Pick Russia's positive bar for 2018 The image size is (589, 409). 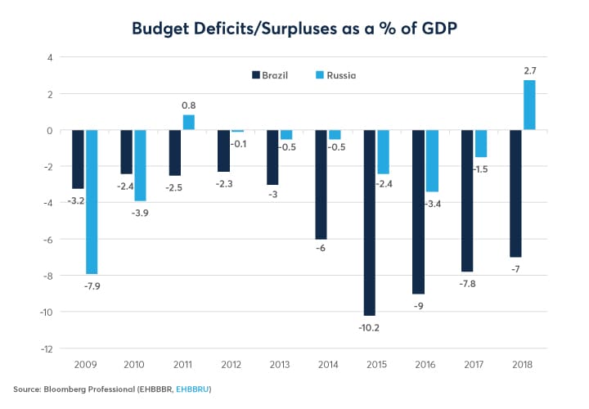point(529,105)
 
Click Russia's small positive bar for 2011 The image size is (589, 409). point(188,123)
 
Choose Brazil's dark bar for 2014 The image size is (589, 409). point(321,184)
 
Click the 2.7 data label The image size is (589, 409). point(529,71)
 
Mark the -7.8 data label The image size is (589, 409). point(466,282)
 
